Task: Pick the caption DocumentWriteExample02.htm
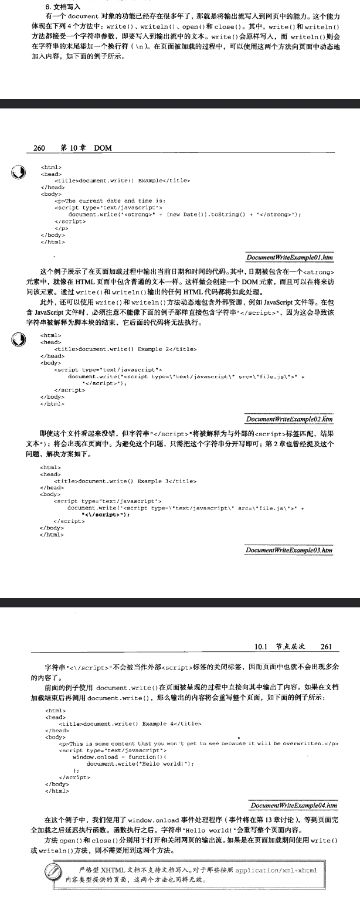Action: click(x=290, y=419)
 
